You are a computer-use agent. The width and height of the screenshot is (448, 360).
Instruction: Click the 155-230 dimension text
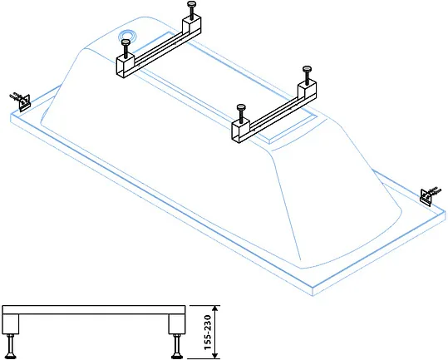tap(208, 333)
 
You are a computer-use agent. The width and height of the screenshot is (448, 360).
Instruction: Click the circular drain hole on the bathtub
tap(128, 36)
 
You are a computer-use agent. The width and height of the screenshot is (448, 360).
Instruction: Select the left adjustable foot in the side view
tap(12, 346)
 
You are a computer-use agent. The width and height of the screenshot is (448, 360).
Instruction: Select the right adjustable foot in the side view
tap(176, 346)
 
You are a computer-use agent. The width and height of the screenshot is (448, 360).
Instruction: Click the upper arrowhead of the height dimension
tap(216, 308)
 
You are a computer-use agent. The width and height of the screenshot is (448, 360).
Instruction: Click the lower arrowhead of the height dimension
tap(216, 355)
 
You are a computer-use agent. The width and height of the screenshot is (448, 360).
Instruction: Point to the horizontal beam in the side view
tap(94, 310)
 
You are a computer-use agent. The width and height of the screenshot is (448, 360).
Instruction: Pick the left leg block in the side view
tap(11, 324)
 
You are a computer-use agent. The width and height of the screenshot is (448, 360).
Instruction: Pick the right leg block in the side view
tap(177, 324)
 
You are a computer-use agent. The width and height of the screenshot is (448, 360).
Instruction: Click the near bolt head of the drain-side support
tap(126, 42)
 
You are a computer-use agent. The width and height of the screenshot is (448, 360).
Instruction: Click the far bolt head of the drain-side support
tap(192, 4)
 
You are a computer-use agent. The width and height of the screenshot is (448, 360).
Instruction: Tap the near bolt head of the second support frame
tap(241, 107)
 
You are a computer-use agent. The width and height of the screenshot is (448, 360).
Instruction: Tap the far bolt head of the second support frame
tap(307, 69)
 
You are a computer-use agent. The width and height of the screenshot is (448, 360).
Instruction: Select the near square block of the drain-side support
tap(126, 66)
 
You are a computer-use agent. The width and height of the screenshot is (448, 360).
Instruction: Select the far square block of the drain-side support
tap(191, 25)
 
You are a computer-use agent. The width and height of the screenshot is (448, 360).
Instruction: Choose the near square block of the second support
tap(240, 131)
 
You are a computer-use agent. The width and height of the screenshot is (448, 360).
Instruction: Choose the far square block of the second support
tap(308, 91)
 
